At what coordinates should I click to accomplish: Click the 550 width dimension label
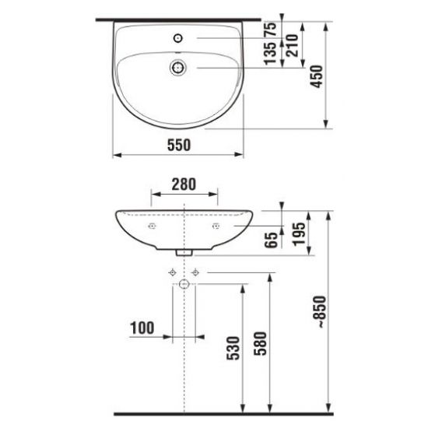click(179, 145)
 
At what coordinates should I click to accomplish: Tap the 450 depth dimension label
click(317, 76)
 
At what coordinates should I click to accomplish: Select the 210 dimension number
click(292, 45)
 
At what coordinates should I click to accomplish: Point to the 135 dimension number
click(271, 54)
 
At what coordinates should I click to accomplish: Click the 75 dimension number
click(271, 29)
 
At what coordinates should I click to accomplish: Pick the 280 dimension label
click(184, 184)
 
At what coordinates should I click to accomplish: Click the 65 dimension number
click(271, 240)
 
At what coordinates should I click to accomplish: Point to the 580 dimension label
click(260, 343)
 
